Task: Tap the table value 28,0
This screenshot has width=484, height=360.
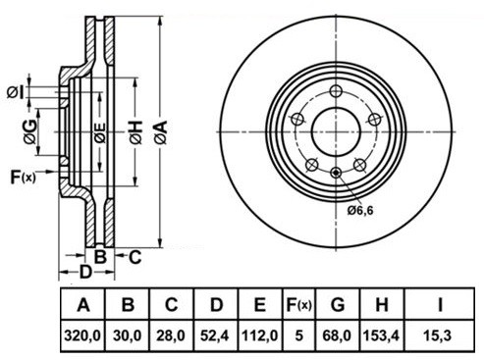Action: point(172,334)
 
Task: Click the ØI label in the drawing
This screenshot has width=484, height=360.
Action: point(16,92)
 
